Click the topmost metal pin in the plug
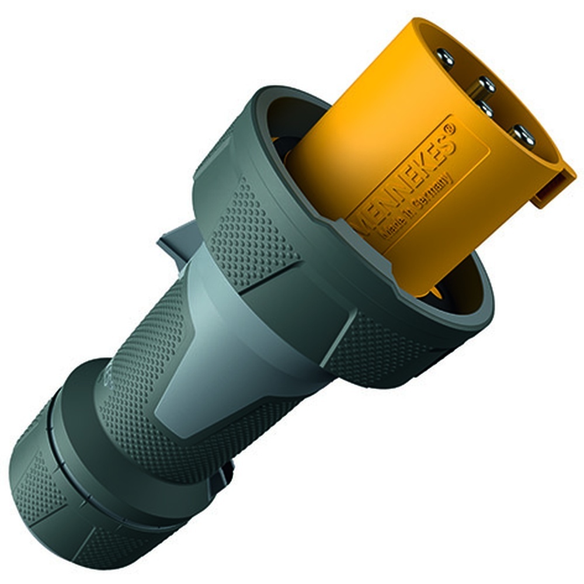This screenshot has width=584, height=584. coord(446,57)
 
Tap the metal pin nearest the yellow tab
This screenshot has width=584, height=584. coord(523,135)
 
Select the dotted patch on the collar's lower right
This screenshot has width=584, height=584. coord(374,350)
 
